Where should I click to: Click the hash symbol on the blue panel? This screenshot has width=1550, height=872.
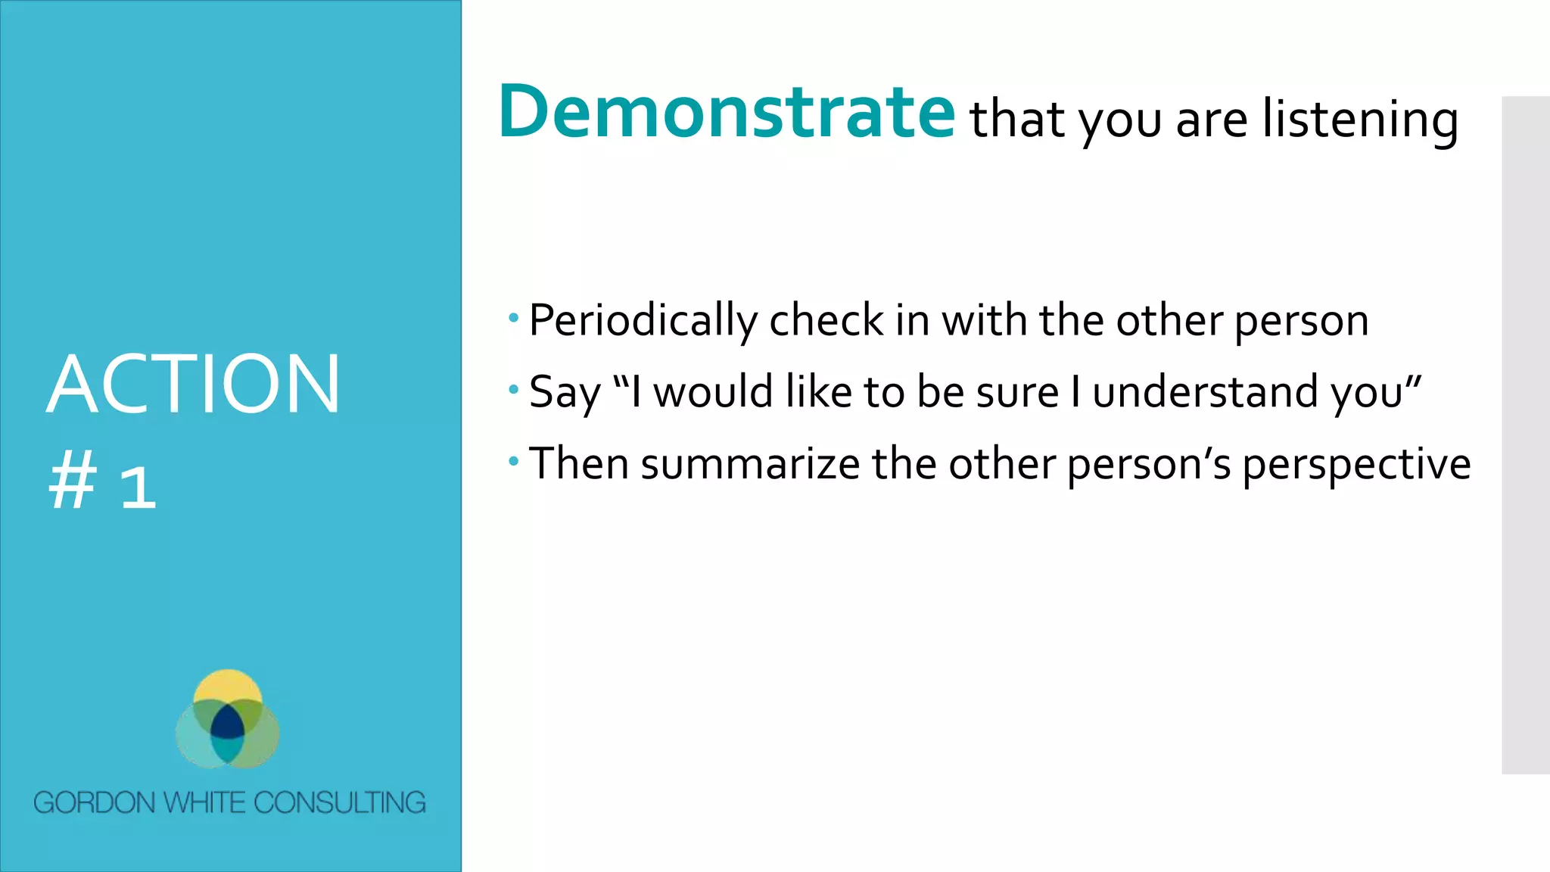tap(73, 481)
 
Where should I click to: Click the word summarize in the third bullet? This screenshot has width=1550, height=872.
tap(750, 464)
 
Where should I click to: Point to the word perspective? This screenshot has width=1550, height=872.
tap(1356, 465)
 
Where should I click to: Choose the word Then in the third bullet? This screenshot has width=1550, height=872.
tap(579, 464)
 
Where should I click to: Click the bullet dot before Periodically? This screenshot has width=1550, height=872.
tap(514, 317)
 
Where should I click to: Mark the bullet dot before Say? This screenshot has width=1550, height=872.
tap(514, 389)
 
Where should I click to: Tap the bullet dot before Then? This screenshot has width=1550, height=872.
tap(514, 460)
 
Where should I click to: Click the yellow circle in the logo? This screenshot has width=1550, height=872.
tap(228, 686)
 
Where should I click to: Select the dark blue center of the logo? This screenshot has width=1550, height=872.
tap(227, 724)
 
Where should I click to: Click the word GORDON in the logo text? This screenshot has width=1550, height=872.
tap(95, 802)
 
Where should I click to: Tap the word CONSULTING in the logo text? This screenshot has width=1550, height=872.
tap(339, 802)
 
